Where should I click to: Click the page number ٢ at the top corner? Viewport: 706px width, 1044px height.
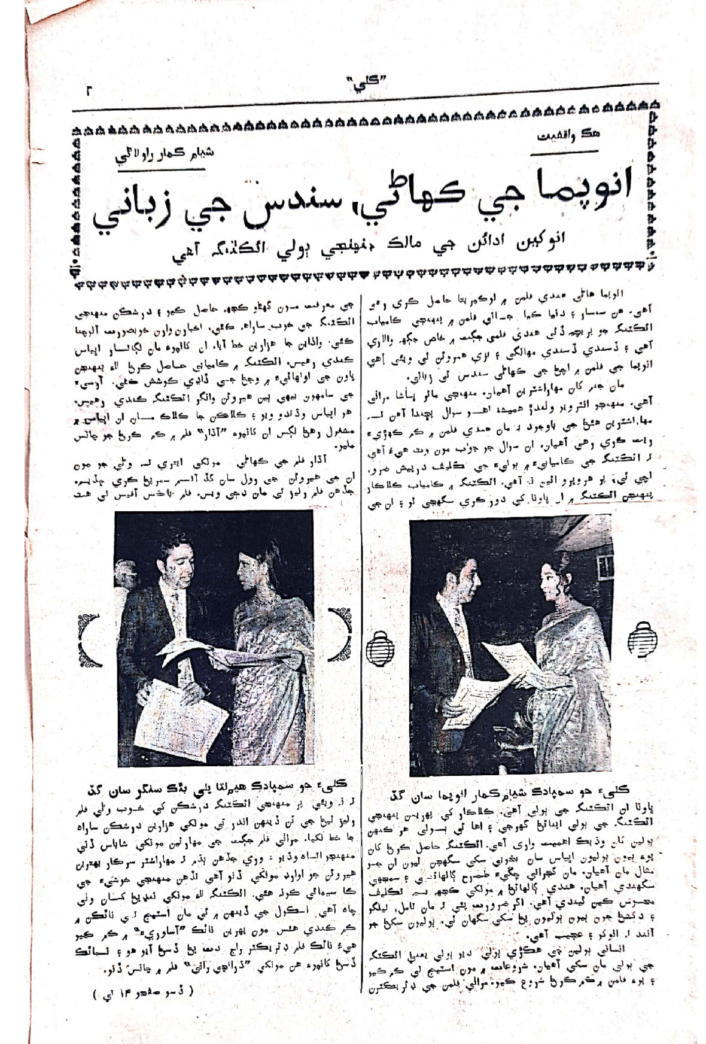90,91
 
